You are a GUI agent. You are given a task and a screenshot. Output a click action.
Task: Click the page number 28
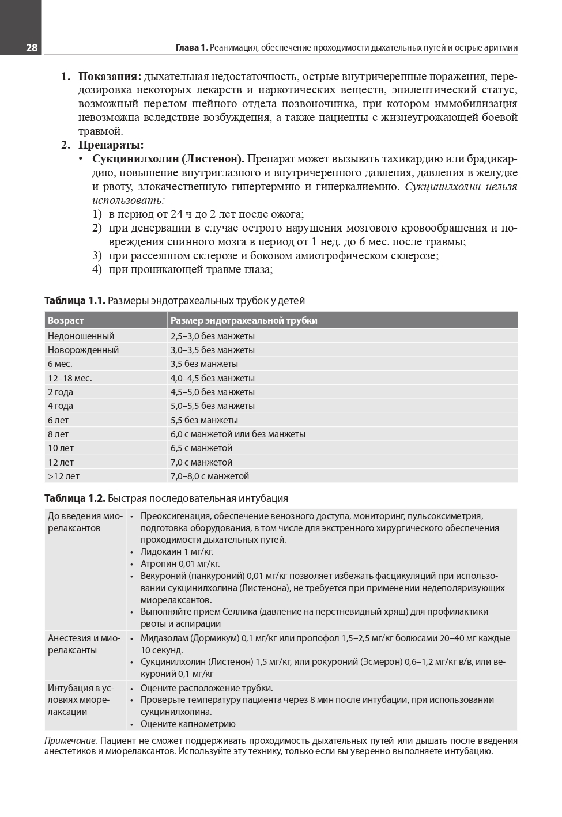pyautogui.click(x=32, y=48)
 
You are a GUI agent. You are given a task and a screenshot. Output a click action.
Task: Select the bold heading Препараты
pyautogui.click(x=111, y=145)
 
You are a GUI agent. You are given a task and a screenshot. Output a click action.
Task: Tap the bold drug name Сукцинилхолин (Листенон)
pyautogui.click(x=168, y=159)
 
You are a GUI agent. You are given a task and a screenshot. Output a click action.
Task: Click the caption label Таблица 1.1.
pyautogui.click(x=74, y=301)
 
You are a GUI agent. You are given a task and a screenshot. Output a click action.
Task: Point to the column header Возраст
pyautogui.click(x=66, y=320)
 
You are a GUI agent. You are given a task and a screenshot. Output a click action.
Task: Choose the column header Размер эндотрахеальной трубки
pyautogui.click(x=244, y=320)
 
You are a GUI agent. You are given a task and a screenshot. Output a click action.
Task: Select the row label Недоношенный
pyautogui.click(x=81, y=336)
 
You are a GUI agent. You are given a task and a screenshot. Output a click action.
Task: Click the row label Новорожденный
pyautogui.click(x=83, y=350)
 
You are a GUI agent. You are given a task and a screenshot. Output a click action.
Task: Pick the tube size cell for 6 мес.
pyautogui.click(x=204, y=364)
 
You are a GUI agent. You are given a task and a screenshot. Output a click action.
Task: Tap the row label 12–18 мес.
pyautogui.click(x=70, y=379)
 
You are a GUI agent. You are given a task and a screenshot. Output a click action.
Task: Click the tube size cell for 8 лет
pyautogui.click(x=237, y=434)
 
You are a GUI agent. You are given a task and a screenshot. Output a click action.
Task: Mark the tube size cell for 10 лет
pyautogui.click(x=201, y=448)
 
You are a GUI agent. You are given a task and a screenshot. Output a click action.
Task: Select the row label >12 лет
pyautogui.click(x=63, y=476)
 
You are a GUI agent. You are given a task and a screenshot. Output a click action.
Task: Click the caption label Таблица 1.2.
pyautogui.click(x=74, y=498)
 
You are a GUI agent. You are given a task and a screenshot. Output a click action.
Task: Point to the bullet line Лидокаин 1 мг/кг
pyautogui.click(x=177, y=552)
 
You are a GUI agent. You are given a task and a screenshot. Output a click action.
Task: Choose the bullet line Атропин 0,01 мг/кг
pyautogui.click(x=180, y=564)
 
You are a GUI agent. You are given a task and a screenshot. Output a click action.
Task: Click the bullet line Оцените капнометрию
pyautogui.click(x=188, y=724)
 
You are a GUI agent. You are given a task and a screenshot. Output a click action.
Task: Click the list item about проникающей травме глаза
pyautogui.click(x=190, y=270)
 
